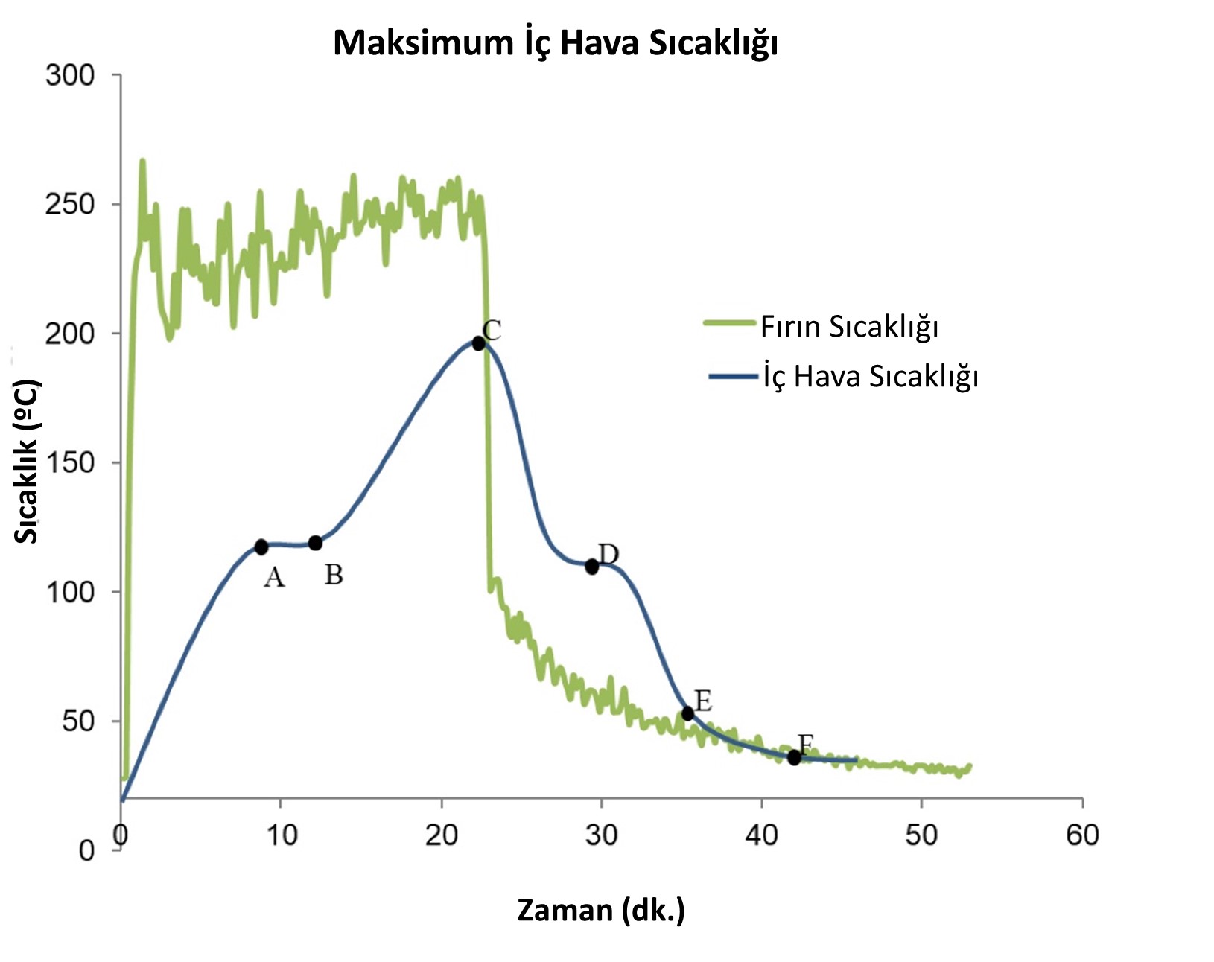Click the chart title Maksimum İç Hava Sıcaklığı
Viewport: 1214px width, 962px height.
click(x=555, y=43)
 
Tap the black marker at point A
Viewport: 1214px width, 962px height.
click(x=261, y=547)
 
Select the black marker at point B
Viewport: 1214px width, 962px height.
click(x=315, y=543)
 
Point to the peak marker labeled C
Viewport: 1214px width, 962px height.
click(x=478, y=343)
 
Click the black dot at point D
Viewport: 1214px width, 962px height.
click(x=592, y=567)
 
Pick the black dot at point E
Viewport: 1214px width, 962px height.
click(x=687, y=713)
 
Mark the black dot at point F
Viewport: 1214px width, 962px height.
click(x=795, y=757)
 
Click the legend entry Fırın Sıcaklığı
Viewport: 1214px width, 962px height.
click(x=849, y=327)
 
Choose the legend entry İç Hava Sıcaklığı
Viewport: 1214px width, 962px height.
click(x=870, y=377)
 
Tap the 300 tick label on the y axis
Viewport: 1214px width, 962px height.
click(x=70, y=75)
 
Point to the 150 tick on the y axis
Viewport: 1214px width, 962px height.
click(x=70, y=462)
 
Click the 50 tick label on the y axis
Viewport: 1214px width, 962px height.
click(x=77, y=721)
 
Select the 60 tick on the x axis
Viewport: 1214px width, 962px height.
click(x=1082, y=835)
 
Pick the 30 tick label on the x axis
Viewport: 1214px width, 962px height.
click(x=601, y=835)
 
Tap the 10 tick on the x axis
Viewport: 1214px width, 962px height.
click(x=281, y=835)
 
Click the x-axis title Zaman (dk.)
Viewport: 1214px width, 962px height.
click(x=601, y=910)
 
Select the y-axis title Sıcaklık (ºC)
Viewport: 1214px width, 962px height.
click(x=27, y=462)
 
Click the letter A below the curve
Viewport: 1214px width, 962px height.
click(x=274, y=577)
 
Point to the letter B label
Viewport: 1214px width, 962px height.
click(x=334, y=575)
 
